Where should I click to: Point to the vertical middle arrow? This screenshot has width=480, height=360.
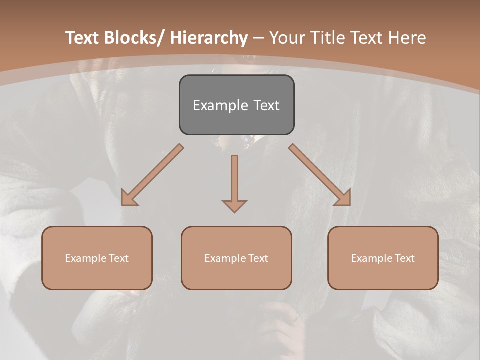pyautogui.click(x=234, y=177)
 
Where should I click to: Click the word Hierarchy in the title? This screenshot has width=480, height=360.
pyautogui.click(x=209, y=38)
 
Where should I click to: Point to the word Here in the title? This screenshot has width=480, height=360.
pyautogui.click(x=408, y=38)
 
